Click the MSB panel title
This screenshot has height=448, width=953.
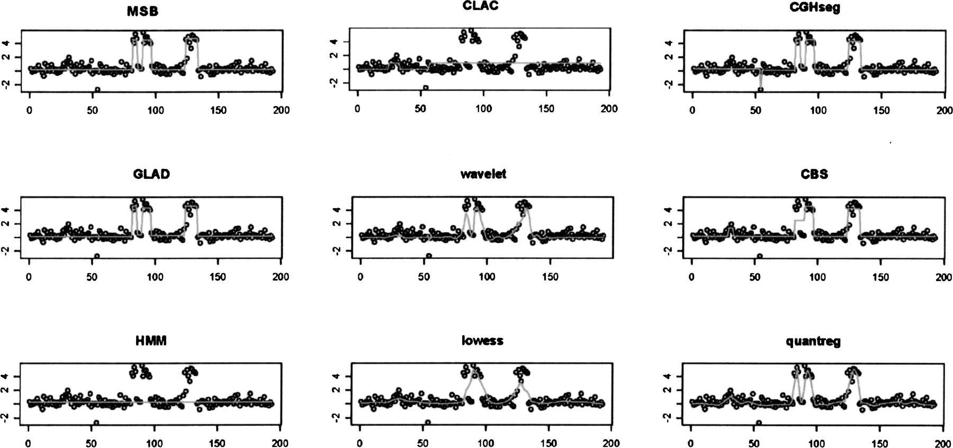pos(142,12)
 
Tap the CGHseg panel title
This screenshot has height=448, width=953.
pos(817,8)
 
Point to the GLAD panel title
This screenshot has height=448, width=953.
pos(152,174)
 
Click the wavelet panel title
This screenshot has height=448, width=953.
pos(483,174)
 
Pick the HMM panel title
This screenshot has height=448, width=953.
pos(151,341)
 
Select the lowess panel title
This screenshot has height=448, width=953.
pos(482,341)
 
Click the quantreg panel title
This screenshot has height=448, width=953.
pos(814,342)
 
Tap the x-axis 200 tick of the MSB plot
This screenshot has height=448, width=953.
pos(281,110)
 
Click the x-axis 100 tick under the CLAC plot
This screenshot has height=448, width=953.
pos(483,109)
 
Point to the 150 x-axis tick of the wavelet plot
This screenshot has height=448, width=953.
pos(550,277)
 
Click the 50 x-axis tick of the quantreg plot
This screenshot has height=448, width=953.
pos(754,443)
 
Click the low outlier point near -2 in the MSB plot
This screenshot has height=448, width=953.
pos(97,90)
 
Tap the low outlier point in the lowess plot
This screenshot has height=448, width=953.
pos(428,423)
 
